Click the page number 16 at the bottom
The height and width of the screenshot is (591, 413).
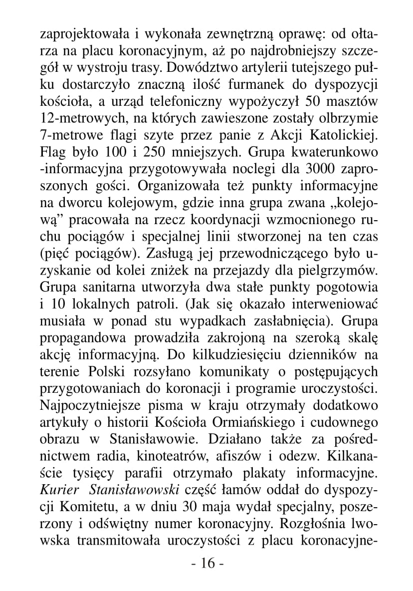207,564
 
